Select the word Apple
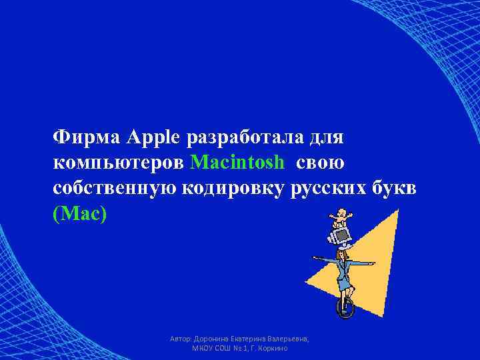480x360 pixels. [155, 138]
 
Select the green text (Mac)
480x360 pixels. [79, 213]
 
